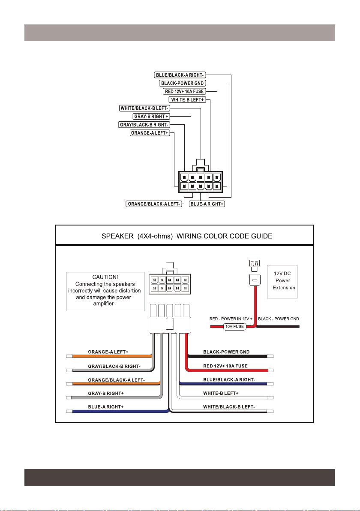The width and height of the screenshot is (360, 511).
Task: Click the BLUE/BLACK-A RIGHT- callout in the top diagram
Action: (x=180, y=75)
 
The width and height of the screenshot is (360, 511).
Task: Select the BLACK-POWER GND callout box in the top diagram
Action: (x=183, y=83)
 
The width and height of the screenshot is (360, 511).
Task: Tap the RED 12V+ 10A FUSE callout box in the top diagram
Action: (x=184, y=92)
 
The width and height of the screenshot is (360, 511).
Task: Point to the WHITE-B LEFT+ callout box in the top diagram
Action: (x=187, y=100)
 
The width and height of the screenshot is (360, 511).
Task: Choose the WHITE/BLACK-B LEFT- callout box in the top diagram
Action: (x=145, y=108)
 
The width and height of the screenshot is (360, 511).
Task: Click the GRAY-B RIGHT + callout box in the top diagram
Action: (x=151, y=116)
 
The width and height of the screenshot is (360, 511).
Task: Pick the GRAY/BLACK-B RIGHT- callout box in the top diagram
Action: (x=144, y=124)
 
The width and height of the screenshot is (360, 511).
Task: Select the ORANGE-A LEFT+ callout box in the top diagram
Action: (x=150, y=133)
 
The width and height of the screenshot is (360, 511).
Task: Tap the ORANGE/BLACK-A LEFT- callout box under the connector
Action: (x=154, y=204)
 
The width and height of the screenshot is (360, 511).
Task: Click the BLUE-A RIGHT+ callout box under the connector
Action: (x=207, y=204)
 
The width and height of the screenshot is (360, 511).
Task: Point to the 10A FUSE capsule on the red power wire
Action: (x=234, y=327)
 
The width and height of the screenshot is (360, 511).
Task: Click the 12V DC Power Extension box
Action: (x=283, y=282)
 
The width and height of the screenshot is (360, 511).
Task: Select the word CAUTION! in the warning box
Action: (x=105, y=277)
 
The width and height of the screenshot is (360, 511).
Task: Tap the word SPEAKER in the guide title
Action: (x=117, y=236)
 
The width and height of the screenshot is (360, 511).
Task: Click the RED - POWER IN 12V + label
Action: (x=231, y=319)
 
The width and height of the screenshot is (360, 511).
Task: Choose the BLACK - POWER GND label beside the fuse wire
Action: (x=279, y=319)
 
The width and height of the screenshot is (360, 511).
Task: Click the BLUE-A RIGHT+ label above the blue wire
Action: (x=106, y=407)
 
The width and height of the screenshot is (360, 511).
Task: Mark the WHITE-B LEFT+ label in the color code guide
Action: (x=221, y=394)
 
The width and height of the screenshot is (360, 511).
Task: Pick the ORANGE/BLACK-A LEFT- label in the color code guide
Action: (x=116, y=380)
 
